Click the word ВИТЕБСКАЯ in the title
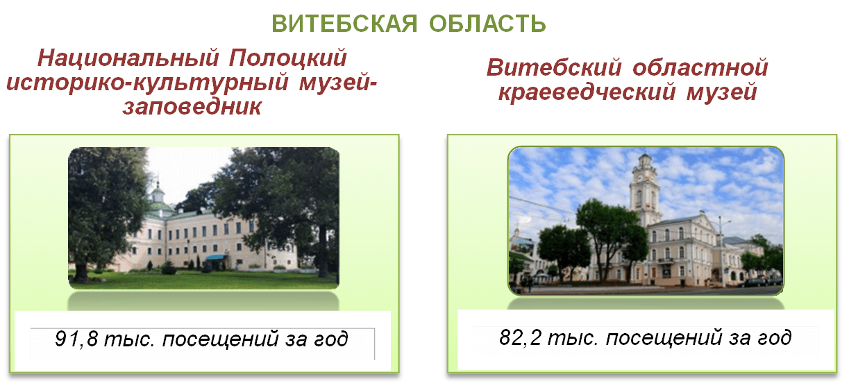tap(344, 24)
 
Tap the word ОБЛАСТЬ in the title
tap(487, 24)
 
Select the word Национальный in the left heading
tap(128, 58)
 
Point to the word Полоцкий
tap(288, 59)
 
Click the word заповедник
tap(192, 106)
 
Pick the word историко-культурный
tap(147, 83)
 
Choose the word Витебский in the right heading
tap(554, 67)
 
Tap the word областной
tap(700, 67)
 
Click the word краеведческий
tap(587, 92)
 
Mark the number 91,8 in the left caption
tap(76, 338)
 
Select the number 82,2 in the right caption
tap(521, 337)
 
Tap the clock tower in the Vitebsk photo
tap(644, 189)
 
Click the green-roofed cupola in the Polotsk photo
tap(158, 194)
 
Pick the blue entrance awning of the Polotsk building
tap(217, 258)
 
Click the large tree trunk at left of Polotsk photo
tap(81, 271)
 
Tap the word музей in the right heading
tap(722, 92)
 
